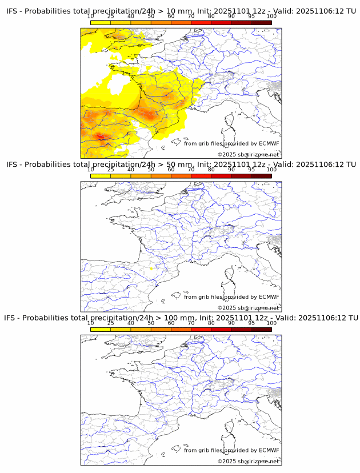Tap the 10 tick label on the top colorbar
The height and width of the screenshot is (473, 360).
[x=90, y=16]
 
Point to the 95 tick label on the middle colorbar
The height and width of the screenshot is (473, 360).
[x=251, y=170]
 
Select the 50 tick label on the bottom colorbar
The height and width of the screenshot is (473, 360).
[x=151, y=323]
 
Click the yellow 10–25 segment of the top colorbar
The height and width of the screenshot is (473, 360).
[x=101, y=22]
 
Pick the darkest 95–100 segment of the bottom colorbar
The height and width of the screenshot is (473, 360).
[x=261, y=330]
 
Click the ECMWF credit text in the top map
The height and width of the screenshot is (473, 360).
[x=231, y=143]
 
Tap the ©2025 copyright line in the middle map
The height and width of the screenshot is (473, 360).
[x=248, y=308]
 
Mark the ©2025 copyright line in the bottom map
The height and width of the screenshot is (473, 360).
[x=248, y=461]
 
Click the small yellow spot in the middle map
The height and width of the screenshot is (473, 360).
[x=151, y=268]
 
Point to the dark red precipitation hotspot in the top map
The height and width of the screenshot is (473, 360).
[x=101, y=136]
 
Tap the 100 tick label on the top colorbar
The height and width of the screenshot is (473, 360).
[x=271, y=16]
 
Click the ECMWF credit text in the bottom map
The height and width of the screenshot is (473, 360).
[x=231, y=450]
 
